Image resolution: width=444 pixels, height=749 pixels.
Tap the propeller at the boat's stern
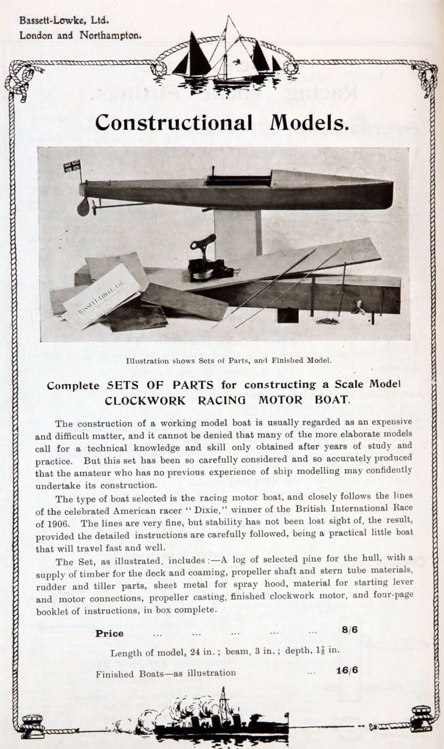(84, 206)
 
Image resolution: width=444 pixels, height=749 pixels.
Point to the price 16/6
(347, 670)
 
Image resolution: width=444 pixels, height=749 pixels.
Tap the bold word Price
(109, 633)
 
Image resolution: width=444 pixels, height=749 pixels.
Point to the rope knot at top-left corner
(20, 77)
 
